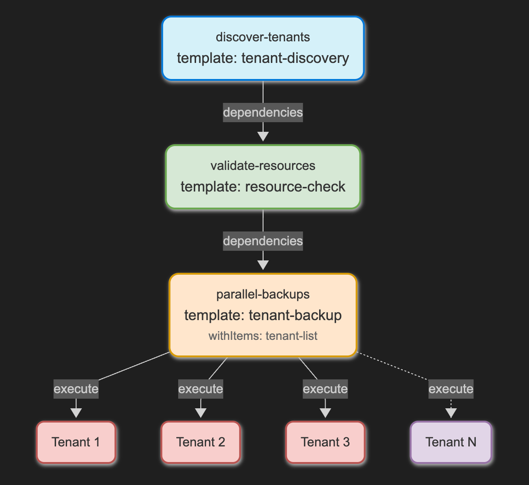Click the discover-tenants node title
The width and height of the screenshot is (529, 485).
pyautogui.click(x=263, y=37)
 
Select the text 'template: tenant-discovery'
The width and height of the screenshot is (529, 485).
pyautogui.click(x=263, y=58)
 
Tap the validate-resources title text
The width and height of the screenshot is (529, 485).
pyautogui.click(x=263, y=166)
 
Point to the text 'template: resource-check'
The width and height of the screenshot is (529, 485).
pyautogui.click(x=263, y=187)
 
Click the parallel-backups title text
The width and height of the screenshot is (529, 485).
pyautogui.click(x=263, y=294)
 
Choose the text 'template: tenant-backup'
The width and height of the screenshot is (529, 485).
pyautogui.click(x=263, y=316)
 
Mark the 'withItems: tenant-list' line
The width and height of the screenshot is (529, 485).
pyautogui.click(x=263, y=336)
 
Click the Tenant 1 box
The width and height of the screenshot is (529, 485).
pyautogui.click(x=76, y=442)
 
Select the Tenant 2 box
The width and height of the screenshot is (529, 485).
pyautogui.click(x=201, y=442)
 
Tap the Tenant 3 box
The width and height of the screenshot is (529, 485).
pyautogui.click(x=325, y=442)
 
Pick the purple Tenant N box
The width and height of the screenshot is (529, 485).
pyautogui.click(x=451, y=442)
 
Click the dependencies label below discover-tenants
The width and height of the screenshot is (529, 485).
pyautogui.click(x=263, y=113)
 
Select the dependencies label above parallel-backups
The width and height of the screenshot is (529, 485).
pyautogui.click(x=263, y=241)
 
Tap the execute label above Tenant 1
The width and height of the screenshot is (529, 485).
pyautogui.click(x=76, y=389)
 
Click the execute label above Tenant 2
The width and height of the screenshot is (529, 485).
pyautogui.click(x=201, y=389)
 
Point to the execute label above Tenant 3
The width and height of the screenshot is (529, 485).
pyautogui.click(x=325, y=389)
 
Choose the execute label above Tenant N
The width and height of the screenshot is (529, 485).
pyautogui.click(x=451, y=389)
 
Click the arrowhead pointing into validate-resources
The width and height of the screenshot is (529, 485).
pyautogui.click(x=263, y=136)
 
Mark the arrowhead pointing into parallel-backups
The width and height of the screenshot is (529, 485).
pyautogui.click(x=263, y=265)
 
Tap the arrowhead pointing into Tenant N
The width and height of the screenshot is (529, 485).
pyautogui.click(x=451, y=413)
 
